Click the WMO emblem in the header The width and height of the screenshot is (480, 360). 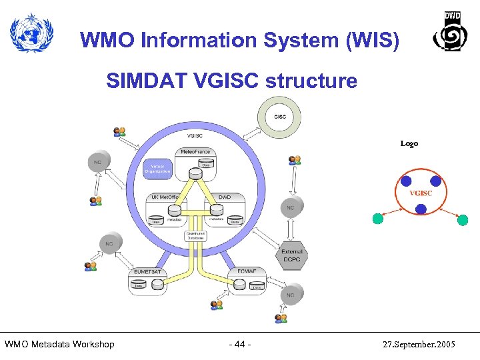[x=31, y=34]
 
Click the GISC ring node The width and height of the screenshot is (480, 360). [x=279, y=117]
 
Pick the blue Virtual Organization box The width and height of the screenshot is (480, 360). [x=158, y=167]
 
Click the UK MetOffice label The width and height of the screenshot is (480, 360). [x=164, y=197]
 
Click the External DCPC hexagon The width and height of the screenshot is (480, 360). [x=291, y=255]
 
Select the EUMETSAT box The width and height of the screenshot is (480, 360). [x=147, y=281]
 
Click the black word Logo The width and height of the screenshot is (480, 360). [x=409, y=143]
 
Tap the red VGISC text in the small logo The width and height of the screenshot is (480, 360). [x=421, y=193]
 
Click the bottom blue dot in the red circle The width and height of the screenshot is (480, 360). [x=421, y=209]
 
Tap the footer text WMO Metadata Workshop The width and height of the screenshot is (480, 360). [x=59, y=344]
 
